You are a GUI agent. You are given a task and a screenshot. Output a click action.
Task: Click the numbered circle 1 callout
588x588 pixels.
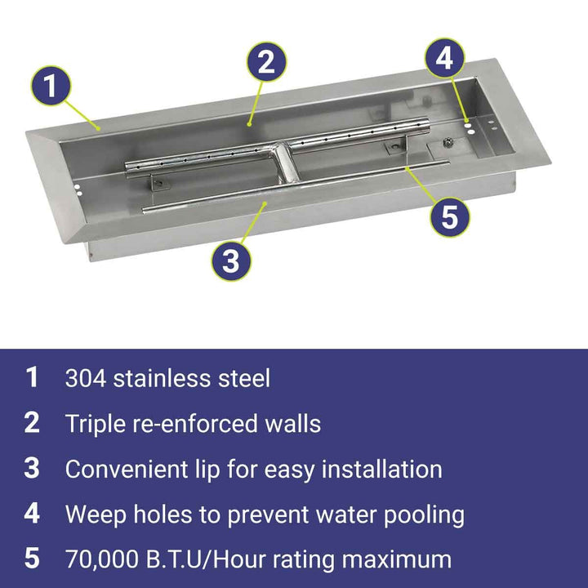click(x=51, y=86)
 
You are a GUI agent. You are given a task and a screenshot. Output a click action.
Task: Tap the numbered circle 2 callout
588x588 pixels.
click(x=266, y=61)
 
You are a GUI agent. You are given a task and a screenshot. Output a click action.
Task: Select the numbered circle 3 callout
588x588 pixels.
click(x=231, y=261)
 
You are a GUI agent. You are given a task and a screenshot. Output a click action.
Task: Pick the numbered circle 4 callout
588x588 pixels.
click(x=444, y=59)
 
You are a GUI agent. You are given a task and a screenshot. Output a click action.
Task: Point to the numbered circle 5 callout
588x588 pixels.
click(x=449, y=216)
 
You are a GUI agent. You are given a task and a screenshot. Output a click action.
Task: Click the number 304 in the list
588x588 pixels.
click(x=86, y=378)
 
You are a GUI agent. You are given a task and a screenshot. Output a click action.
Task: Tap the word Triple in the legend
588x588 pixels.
click(x=96, y=424)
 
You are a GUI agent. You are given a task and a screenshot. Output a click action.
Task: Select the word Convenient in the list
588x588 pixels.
click(x=127, y=469)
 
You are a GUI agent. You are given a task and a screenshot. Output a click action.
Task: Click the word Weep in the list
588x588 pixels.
click(x=96, y=514)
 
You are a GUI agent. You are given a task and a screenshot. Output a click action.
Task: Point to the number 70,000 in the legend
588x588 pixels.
click(x=102, y=559)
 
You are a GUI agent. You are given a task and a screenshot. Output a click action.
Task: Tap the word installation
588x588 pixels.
click(x=382, y=469)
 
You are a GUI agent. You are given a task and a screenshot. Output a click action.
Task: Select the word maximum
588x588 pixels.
click(x=396, y=560)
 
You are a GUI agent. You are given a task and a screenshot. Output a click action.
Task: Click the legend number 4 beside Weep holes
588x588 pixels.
click(x=32, y=514)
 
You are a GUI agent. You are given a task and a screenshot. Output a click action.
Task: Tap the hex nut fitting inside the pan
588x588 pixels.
click(x=448, y=142)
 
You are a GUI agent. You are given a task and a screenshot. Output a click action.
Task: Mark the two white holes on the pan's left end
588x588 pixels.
click(x=78, y=189)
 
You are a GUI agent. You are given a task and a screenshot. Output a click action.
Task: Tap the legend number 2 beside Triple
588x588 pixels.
click(x=32, y=423)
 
